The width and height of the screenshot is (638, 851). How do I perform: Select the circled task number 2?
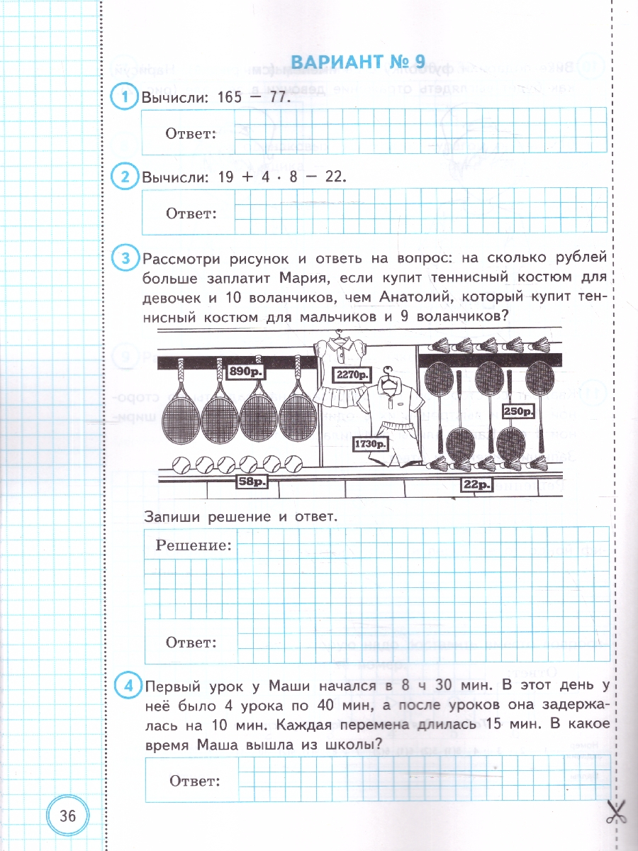click(x=125, y=177)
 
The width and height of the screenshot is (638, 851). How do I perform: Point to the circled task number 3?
click(x=125, y=259)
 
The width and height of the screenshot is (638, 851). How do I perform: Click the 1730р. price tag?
click(x=370, y=445)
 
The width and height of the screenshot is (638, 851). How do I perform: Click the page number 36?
click(x=68, y=816)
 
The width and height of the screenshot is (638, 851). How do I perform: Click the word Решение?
click(x=194, y=545)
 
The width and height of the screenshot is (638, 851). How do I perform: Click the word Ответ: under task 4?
click(x=194, y=781)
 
